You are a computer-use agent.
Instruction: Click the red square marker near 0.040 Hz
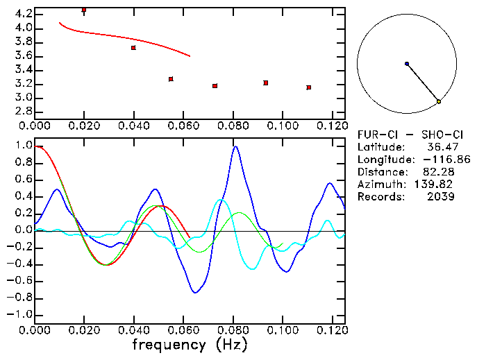click(133, 47)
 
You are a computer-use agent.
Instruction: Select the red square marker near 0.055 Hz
click(171, 79)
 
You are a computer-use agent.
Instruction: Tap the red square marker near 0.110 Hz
click(308, 87)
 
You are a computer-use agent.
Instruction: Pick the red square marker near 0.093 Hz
click(266, 83)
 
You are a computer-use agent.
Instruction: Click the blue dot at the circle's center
click(407, 64)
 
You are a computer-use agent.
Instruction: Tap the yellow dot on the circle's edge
click(439, 102)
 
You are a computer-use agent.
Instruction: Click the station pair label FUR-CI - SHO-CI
click(405, 135)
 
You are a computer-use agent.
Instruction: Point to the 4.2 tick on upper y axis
click(23, 14)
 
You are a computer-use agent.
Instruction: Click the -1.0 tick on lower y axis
click(20, 314)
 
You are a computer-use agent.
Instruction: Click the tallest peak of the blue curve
click(236, 146)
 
